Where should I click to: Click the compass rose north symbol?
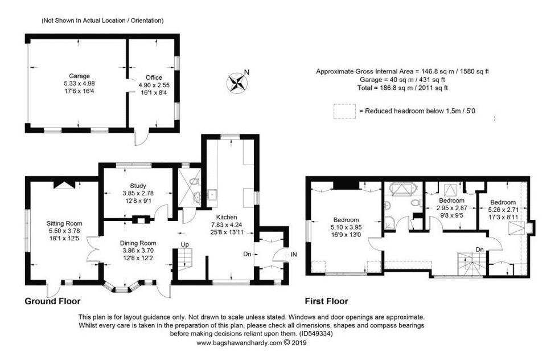coord(237,83)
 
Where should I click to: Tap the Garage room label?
coord(79,76)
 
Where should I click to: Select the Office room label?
coord(154,77)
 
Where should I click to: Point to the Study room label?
coord(138,186)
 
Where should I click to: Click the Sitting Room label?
coord(64,223)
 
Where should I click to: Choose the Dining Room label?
coord(138,243)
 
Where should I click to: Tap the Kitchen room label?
coord(227,217)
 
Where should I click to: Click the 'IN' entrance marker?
coord(294,255)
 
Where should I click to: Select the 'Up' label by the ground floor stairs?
coord(185,244)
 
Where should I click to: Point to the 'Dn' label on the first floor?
coord(480,249)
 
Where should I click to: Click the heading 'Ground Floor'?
coord(53,301)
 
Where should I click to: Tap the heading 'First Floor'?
coord(327,301)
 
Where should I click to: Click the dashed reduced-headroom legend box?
coord(344,111)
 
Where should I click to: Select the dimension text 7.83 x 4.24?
coord(227,224)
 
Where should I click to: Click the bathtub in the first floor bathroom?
coord(404,189)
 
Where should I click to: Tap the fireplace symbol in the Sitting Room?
coord(64,185)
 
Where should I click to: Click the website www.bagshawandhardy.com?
coord(239,343)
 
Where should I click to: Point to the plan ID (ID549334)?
coord(316,333)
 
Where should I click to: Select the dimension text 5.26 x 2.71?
coord(503,210)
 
